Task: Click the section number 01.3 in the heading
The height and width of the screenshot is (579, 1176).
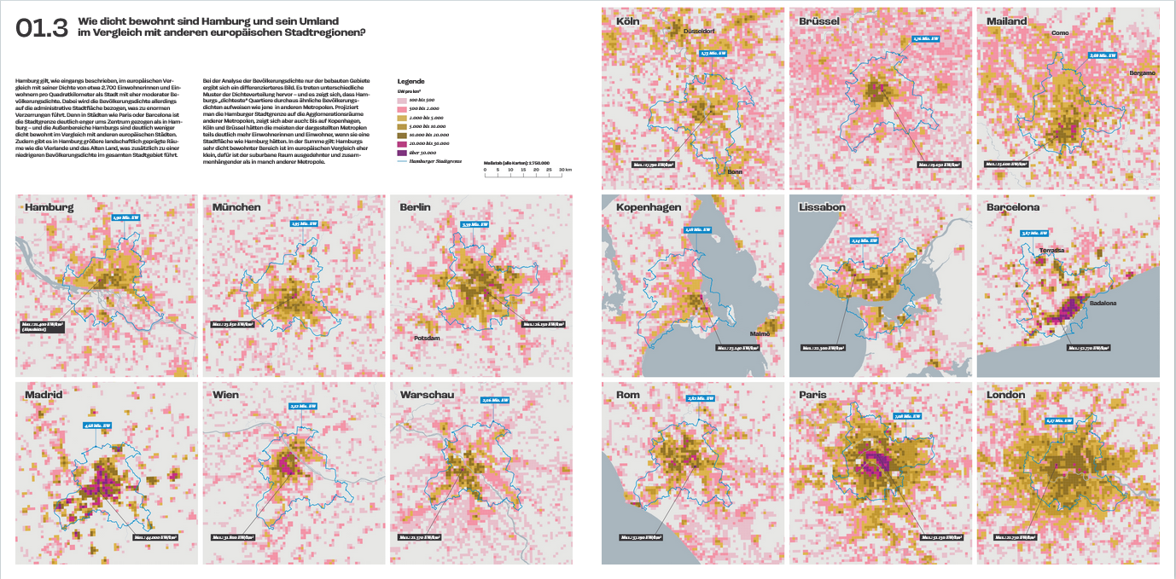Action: [x=41, y=28]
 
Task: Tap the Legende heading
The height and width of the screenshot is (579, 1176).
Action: [x=411, y=80]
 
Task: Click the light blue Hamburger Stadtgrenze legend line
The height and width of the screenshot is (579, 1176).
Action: [x=403, y=159]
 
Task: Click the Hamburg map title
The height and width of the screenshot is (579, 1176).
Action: [x=49, y=207]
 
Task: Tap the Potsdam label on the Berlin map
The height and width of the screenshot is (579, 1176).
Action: [x=426, y=338]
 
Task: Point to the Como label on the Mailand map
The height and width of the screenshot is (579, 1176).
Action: [x=1060, y=33]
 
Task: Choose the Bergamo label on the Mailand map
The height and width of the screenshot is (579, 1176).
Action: [x=1142, y=73]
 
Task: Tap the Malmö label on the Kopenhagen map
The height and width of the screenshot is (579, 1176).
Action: [x=760, y=333]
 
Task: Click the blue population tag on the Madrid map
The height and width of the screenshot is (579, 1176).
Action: [x=97, y=425]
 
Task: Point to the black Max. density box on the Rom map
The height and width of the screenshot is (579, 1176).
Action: [x=643, y=537]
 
